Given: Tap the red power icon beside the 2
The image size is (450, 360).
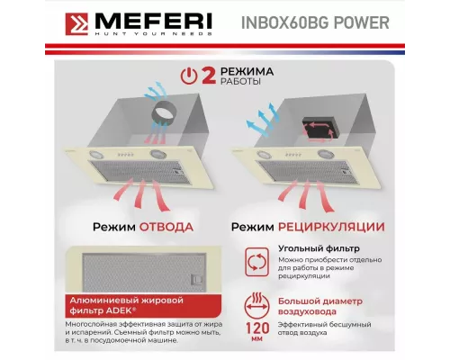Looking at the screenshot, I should pyautogui.click(x=186, y=76).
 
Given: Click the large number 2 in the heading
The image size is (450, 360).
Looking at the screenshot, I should pyautogui.click(x=207, y=76).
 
